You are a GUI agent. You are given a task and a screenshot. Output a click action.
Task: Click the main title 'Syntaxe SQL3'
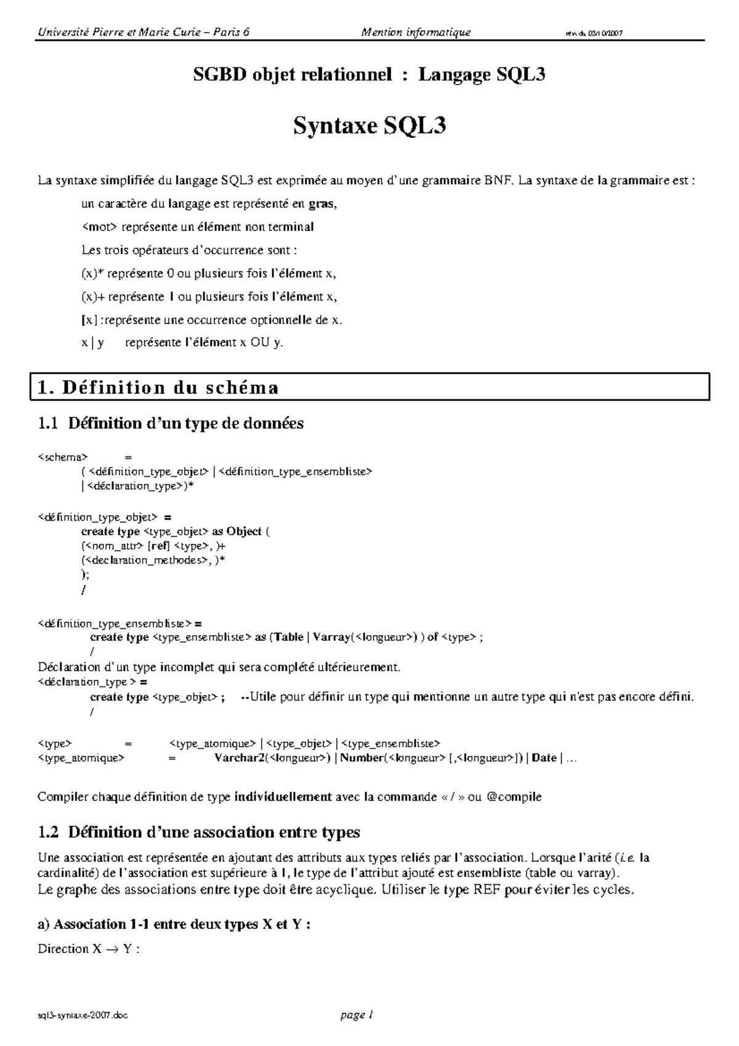(x=369, y=126)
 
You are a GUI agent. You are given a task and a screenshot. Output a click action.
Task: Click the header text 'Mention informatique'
(x=416, y=32)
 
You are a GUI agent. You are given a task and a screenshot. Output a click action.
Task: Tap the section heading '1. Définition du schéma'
(x=158, y=387)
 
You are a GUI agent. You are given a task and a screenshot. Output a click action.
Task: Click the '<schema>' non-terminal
(x=63, y=457)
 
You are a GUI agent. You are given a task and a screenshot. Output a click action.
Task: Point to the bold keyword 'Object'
(x=244, y=531)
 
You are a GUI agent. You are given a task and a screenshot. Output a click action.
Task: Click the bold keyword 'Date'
(x=544, y=758)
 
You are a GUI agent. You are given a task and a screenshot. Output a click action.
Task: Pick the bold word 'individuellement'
(x=283, y=797)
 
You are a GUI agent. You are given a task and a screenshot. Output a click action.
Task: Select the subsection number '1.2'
(x=49, y=833)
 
